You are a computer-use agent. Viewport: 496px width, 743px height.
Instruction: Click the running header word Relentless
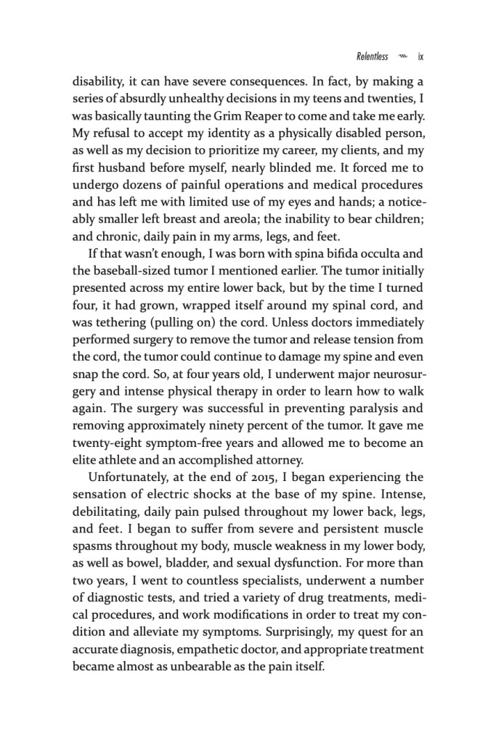coord(373,56)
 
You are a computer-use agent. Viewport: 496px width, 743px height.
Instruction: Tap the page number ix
coord(420,56)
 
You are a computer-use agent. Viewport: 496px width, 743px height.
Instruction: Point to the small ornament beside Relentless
coord(404,56)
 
